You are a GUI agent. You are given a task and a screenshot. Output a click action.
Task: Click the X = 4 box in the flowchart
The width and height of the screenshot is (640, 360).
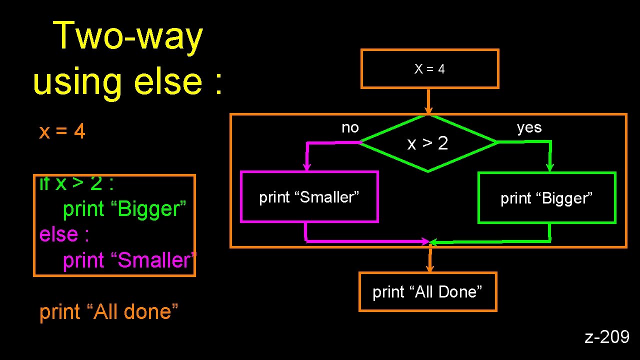click(429, 69)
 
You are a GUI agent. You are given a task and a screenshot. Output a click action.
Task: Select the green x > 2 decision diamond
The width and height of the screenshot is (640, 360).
click(428, 144)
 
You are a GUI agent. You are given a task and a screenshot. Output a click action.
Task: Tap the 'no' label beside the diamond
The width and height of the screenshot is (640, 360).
click(350, 128)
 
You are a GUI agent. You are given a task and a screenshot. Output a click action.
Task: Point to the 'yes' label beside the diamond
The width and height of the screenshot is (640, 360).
click(529, 128)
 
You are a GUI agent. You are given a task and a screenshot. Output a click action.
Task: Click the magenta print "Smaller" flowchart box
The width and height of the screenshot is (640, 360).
click(309, 197)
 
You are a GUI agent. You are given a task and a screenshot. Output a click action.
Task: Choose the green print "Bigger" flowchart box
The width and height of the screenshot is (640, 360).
click(546, 198)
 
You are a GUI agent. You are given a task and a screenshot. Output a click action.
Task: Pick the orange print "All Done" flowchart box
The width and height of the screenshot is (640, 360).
click(427, 292)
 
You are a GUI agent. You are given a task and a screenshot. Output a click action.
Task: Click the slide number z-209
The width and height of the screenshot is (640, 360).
click(607, 337)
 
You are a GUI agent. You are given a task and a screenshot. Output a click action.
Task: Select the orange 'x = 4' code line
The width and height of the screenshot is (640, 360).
click(62, 132)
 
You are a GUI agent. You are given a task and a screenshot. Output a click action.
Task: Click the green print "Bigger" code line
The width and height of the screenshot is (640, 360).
click(124, 209)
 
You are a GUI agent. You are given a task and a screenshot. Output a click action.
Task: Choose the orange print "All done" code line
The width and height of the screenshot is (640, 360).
click(109, 311)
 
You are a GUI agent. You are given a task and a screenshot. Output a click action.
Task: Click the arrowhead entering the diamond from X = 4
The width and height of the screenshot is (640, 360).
click(428, 111)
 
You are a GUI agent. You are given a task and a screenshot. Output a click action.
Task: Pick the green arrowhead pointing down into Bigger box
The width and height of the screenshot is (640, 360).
click(550, 167)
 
